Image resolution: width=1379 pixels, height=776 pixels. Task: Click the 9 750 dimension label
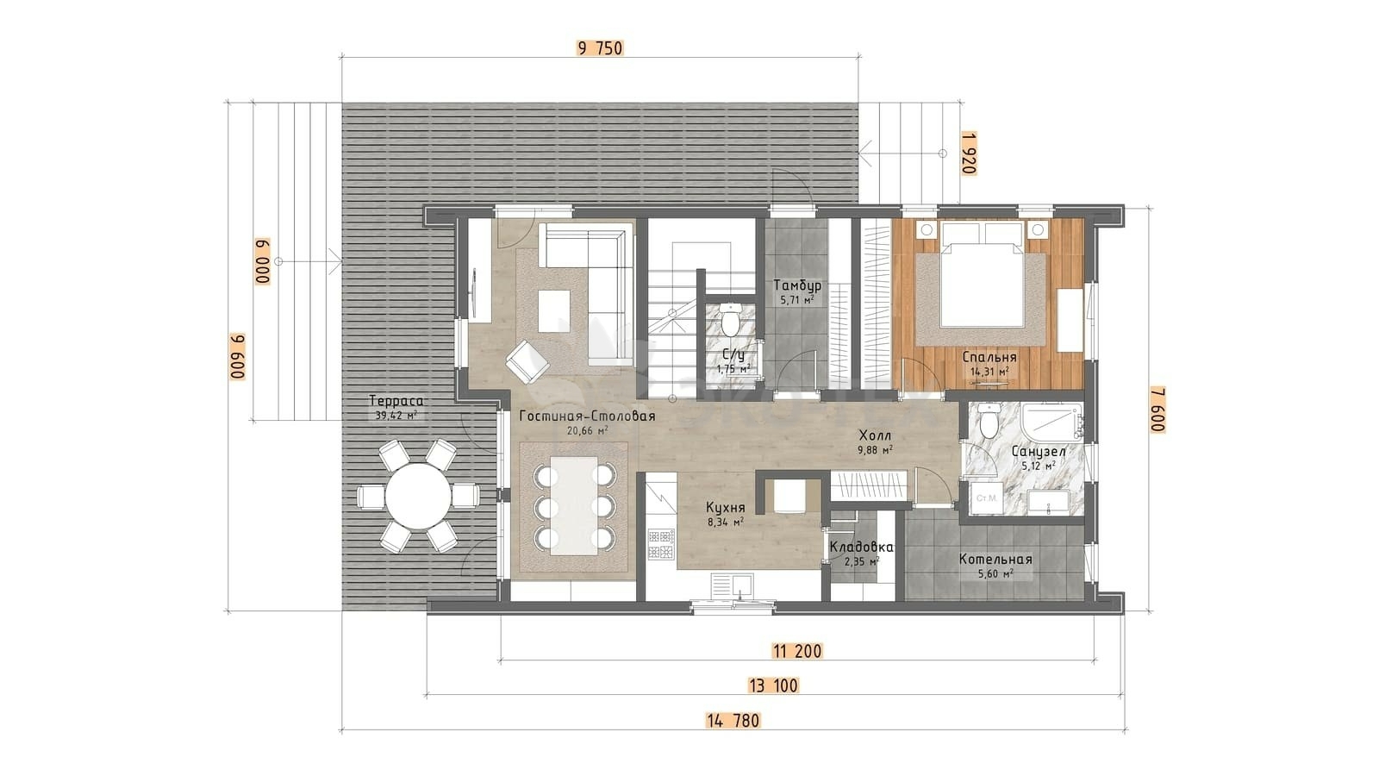click(x=600, y=48)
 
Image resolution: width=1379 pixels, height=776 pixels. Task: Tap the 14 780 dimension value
click(x=733, y=720)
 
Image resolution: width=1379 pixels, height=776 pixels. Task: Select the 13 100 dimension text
click(x=773, y=685)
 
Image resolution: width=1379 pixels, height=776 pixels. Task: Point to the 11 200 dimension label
click(x=796, y=650)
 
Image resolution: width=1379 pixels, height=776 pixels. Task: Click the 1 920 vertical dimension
click(x=969, y=153)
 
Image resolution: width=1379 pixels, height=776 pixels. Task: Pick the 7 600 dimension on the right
click(x=1158, y=410)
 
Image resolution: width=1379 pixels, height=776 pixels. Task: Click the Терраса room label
click(x=396, y=401)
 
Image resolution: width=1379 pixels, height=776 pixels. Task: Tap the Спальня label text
click(x=989, y=357)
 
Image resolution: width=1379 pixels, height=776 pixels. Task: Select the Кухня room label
click(x=725, y=508)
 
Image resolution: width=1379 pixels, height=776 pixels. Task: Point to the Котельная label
click(x=995, y=560)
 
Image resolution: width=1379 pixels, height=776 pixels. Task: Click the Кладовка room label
click(x=861, y=547)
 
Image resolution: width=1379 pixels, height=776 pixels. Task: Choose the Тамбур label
click(x=797, y=285)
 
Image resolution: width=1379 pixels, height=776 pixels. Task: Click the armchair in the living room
click(x=527, y=362)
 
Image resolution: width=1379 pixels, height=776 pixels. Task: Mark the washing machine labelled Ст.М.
click(x=986, y=498)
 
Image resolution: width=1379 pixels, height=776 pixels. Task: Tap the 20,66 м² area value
click(x=587, y=430)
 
